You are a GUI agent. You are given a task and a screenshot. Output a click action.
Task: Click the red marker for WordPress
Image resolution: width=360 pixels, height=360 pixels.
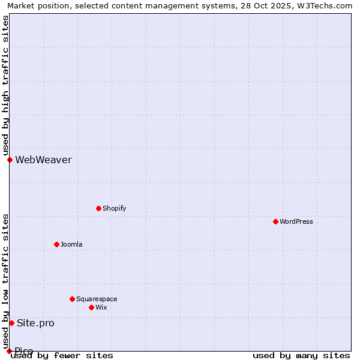tap(275, 221)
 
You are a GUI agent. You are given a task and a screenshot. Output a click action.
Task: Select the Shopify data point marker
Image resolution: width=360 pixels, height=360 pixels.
tap(98, 208)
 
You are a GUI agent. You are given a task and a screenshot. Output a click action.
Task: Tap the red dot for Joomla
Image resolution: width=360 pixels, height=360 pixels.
tap(56, 244)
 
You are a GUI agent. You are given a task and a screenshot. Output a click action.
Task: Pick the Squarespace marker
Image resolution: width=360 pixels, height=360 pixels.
tap(72, 299)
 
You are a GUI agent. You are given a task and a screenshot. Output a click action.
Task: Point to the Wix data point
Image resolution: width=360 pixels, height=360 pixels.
tap(91, 307)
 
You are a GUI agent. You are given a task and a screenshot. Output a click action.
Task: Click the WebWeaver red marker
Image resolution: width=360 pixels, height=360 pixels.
tap(10, 160)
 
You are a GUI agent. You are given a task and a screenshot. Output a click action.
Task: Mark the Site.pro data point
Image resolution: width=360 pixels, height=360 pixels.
tap(11, 323)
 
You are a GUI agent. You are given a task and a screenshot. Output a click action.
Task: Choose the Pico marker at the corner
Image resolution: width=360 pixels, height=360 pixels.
tap(9, 351)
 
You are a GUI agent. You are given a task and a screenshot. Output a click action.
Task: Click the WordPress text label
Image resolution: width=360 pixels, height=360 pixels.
tap(296, 221)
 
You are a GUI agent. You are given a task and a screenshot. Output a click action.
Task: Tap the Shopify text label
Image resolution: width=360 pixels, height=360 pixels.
tap(114, 208)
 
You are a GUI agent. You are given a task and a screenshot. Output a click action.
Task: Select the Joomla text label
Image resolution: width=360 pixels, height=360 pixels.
tap(71, 244)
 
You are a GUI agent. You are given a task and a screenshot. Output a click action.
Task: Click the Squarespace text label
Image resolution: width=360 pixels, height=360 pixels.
tap(97, 299)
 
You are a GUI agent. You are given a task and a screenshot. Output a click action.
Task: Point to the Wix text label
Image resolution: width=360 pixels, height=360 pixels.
tap(101, 307)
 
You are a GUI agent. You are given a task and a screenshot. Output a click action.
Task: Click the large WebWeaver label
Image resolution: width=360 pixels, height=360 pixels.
tap(43, 160)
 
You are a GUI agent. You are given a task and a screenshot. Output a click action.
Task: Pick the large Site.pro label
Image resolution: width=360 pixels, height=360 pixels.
tap(35, 323)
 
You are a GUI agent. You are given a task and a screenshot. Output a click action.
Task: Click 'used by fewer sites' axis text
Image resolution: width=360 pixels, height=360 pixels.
tap(62, 355)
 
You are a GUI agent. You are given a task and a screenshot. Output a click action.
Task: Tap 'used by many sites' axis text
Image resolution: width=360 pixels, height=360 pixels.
tap(301, 355)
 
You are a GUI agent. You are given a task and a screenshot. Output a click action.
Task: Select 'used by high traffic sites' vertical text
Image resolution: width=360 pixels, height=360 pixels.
tap(5, 86)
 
